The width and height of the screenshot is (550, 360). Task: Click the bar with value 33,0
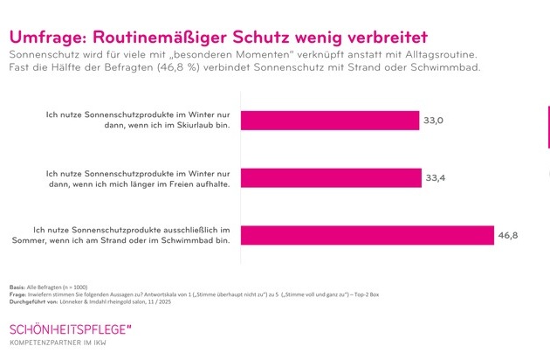click(x=328, y=121)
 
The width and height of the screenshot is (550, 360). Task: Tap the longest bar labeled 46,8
click(x=358, y=235)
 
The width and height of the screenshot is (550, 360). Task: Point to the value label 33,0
click(x=434, y=121)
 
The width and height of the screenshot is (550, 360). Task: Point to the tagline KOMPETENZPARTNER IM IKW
click(x=65, y=346)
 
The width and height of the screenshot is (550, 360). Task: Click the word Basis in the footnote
click(x=17, y=287)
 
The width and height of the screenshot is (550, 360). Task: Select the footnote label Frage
click(x=17, y=295)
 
